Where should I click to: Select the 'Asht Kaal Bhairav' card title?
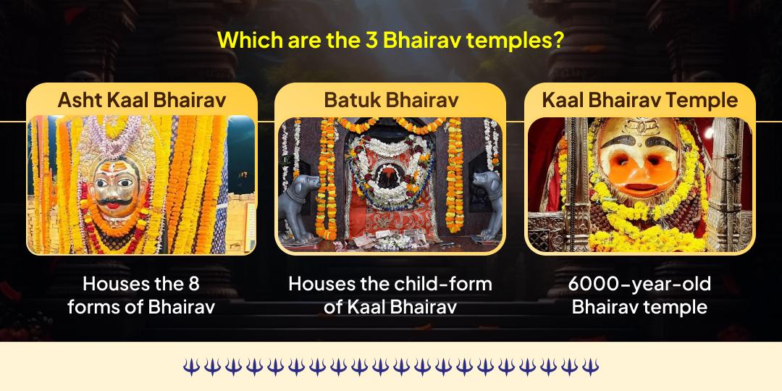(141, 100)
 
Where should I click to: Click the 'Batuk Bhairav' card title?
(391, 100)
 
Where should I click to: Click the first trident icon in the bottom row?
(190, 366)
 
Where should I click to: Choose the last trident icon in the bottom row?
(591, 366)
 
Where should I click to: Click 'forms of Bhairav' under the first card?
(141, 306)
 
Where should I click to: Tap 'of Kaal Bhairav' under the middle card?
(390, 306)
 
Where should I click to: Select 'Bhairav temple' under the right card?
(639, 306)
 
